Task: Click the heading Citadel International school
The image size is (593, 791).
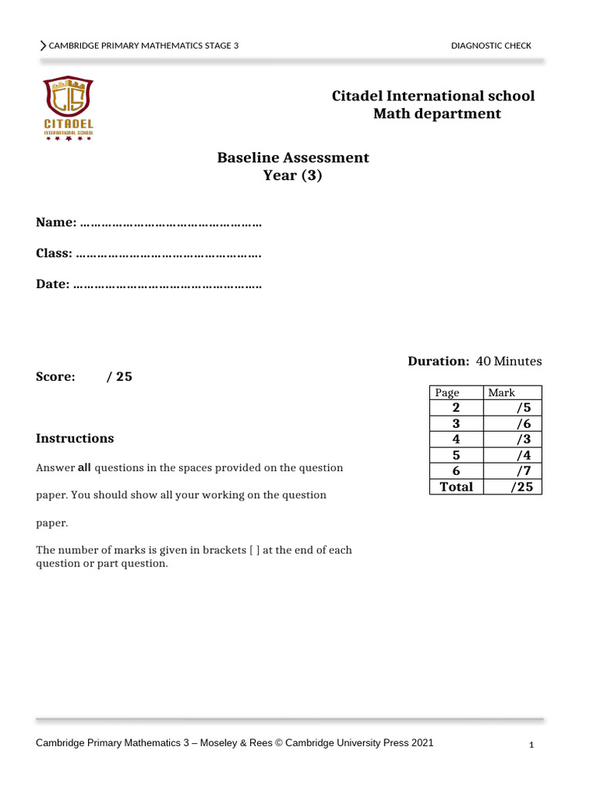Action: click(432, 96)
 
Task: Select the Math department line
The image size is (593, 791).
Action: click(436, 114)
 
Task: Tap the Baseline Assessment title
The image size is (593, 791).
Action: click(293, 158)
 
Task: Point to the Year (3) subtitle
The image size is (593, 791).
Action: click(293, 175)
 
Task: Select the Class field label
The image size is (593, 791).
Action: click(54, 253)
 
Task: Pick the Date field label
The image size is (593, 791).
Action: click(53, 284)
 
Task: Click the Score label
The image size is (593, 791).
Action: click(56, 377)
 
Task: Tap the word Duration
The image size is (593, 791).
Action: click(438, 361)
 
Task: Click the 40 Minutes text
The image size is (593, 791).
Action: click(509, 361)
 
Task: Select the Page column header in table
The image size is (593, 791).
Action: click(447, 392)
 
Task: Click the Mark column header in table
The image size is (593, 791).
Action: click(501, 392)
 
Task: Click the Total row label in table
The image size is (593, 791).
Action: click(456, 487)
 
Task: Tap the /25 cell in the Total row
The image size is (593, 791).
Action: click(521, 487)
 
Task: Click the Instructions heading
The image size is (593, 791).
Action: click(75, 438)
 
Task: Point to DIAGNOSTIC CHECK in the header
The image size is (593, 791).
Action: click(491, 46)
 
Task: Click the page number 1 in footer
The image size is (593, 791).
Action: click(532, 745)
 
